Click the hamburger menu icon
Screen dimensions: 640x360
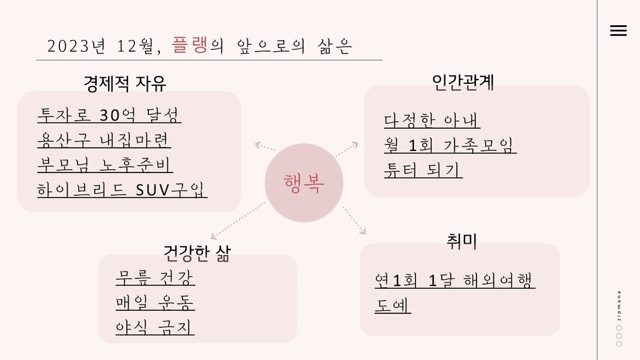pyautogui.click(x=619, y=31)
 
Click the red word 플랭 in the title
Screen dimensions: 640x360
pyautogui.click(x=190, y=45)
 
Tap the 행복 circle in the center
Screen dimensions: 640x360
pyautogui.click(x=304, y=183)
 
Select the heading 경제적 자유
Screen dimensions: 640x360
pyautogui.click(x=125, y=83)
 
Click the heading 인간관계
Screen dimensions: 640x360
pyautogui.click(x=463, y=82)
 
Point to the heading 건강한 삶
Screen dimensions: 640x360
pyautogui.click(x=197, y=253)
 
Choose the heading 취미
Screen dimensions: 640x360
pyautogui.click(x=461, y=241)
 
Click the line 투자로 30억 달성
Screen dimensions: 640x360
pyautogui.click(x=109, y=115)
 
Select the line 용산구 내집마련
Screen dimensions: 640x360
pyautogui.click(x=104, y=140)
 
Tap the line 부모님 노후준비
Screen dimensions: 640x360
pyautogui.click(x=105, y=165)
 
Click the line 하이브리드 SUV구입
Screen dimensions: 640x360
pyautogui.click(x=122, y=189)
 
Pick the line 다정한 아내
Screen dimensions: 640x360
pyautogui.click(x=432, y=120)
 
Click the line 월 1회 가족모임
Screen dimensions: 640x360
pyautogui.click(x=450, y=145)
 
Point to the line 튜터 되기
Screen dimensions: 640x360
pyautogui.click(x=423, y=170)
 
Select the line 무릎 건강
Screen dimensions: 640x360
pyautogui.click(x=155, y=277)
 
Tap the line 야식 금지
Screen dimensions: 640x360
pyautogui.click(x=155, y=327)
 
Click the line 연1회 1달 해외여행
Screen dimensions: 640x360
pyautogui.click(x=454, y=280)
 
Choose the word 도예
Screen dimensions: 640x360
pyautogui.click(x=393, y=305)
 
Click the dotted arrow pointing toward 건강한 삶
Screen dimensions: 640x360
pyautogui.click(x=237, y=220)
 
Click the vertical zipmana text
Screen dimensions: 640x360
pyautogui.click(x=619, y=306)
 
